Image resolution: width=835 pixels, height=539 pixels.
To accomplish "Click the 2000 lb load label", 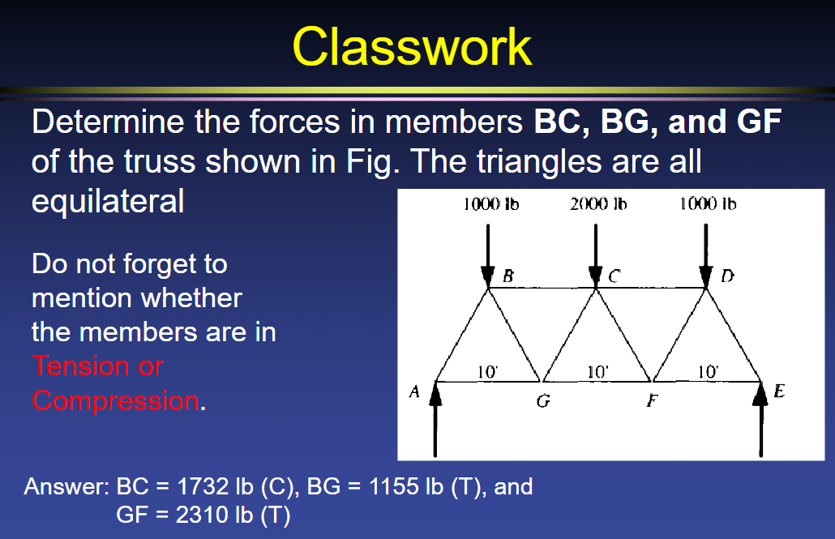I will coord(598,204).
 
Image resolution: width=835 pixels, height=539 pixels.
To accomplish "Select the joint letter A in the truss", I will coord(413,392).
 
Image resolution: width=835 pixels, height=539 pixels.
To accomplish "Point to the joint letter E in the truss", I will coord(779,392).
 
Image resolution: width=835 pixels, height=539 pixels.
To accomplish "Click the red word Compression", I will coord(114,400).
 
